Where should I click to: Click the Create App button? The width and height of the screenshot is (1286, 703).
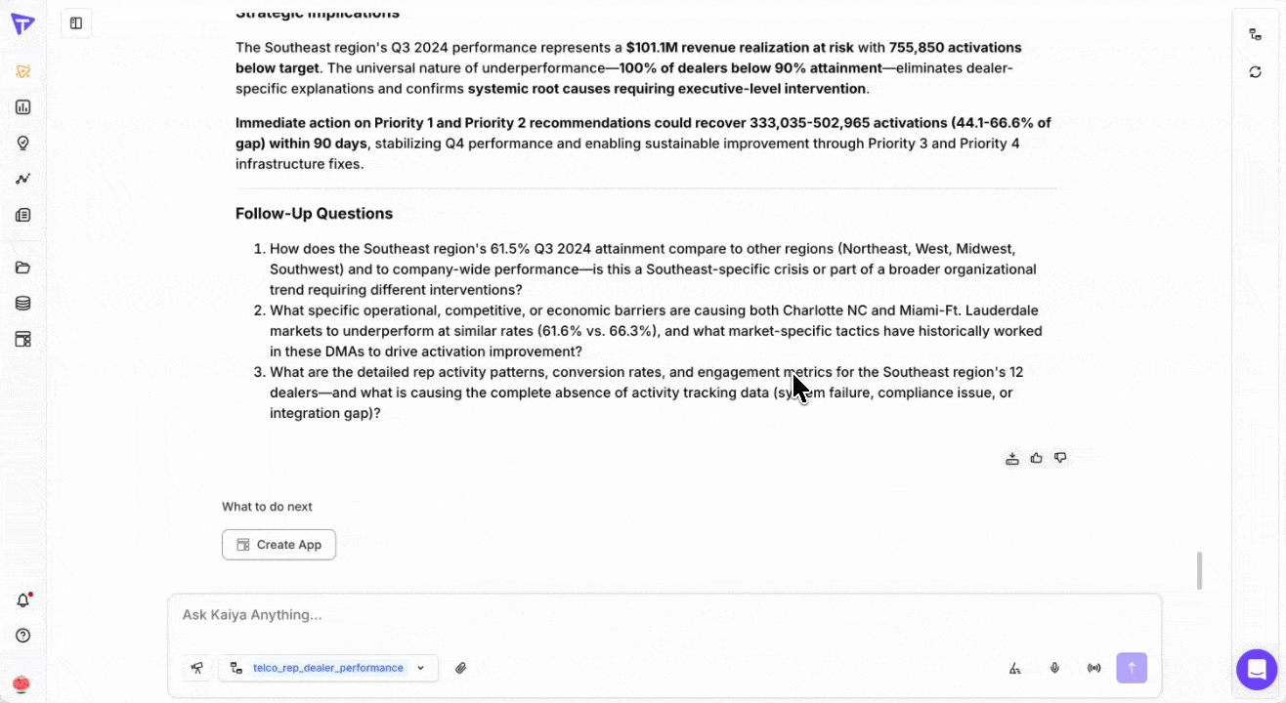click(279, 545)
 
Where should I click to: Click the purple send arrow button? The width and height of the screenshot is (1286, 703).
click(1132, 668)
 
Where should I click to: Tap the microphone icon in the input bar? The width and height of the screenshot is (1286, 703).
click(1054, 668)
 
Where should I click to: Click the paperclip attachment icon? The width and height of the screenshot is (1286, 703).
click(461, 668)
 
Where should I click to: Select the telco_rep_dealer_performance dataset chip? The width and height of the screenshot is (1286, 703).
click(328, 668)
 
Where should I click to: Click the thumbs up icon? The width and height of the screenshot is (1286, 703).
click(1036, 458)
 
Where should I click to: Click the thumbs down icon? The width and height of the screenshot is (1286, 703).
click(1060, 458)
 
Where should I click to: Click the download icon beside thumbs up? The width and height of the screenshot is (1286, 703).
click(1012, 458)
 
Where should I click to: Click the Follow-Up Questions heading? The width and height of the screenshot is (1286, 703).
click(314, 214)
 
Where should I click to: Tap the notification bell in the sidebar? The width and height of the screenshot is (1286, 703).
click(22, 600)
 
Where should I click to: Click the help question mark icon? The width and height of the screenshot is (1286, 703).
click(22, 636)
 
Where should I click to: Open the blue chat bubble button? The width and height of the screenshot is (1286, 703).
click(1257, 670)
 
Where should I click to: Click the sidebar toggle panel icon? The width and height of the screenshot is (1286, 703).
click(76, 23)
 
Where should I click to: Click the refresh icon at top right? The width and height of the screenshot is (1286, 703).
click(1255, 72)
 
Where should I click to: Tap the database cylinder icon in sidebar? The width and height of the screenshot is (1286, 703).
click(22, 304)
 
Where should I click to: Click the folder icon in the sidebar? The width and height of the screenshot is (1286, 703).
click(22, 268)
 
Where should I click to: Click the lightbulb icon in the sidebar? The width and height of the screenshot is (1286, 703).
click(22, 143)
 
